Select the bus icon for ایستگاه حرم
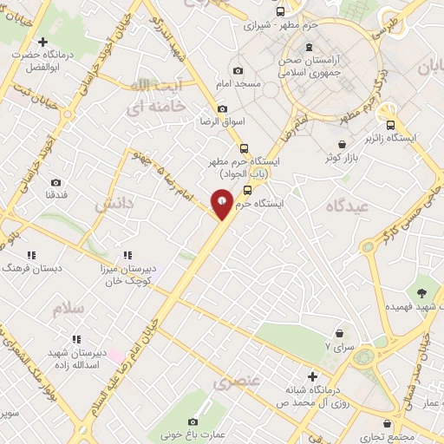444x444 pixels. coord(248,190)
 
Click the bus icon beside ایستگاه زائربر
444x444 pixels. coord(390,123)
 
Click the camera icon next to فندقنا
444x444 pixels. coord(56,183)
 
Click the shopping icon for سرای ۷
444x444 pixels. coord(339,332)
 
